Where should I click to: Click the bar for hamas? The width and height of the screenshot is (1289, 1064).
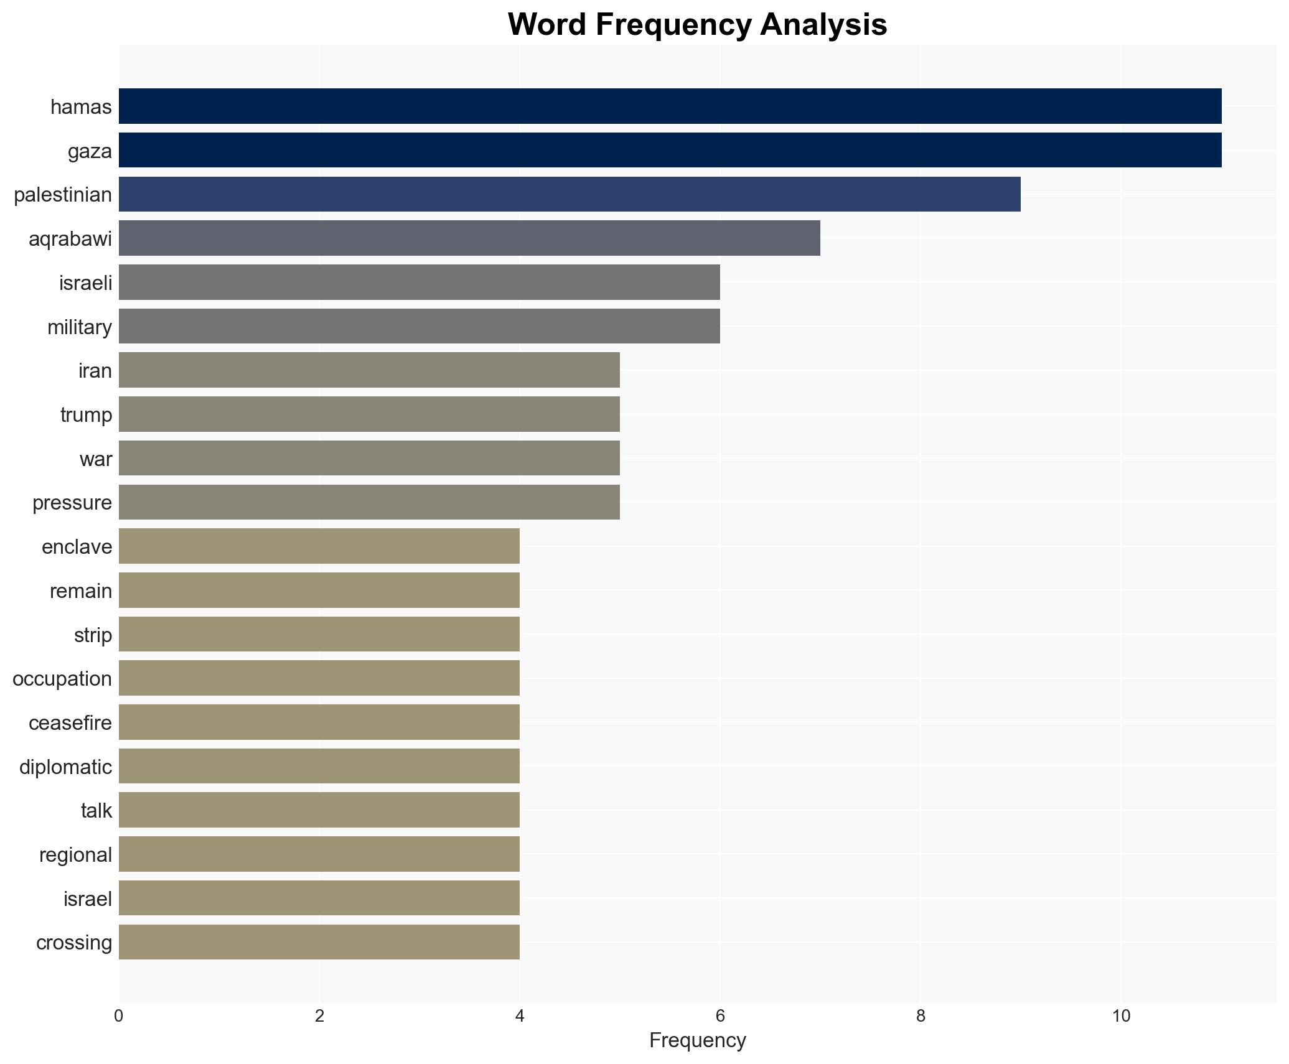[670, 106]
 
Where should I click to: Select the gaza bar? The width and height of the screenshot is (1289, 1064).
[670, 150]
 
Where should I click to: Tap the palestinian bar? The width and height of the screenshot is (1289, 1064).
[570, 194]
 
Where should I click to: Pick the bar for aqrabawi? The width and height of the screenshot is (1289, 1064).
[469, 238]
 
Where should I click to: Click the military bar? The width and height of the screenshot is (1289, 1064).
[419, 326]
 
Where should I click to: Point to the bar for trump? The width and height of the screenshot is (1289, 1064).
[369, 414]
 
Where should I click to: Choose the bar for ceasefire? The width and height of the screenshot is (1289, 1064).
[319, 722]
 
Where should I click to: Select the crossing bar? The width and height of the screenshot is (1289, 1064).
[319, 942]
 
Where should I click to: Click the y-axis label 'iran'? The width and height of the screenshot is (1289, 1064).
[95, 371]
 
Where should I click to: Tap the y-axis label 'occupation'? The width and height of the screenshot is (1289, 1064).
[62, 679]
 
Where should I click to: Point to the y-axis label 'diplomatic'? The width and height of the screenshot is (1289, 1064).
[65, 767]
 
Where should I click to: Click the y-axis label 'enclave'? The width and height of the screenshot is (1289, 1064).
[77, 547]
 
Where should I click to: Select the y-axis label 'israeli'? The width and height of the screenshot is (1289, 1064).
[85, 283]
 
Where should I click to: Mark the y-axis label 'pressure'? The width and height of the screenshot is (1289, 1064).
[72, 503]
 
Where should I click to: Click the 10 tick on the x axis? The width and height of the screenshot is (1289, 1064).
[1121, 1016]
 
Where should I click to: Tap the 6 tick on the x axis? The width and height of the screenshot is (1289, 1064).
[720, 1016]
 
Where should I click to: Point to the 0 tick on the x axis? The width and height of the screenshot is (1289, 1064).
[119, 1016]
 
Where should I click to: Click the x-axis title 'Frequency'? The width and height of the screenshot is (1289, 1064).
[697, 1041]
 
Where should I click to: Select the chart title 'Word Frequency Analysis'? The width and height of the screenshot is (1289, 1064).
[697, 25]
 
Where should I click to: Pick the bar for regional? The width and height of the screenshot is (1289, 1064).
[319, 854]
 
